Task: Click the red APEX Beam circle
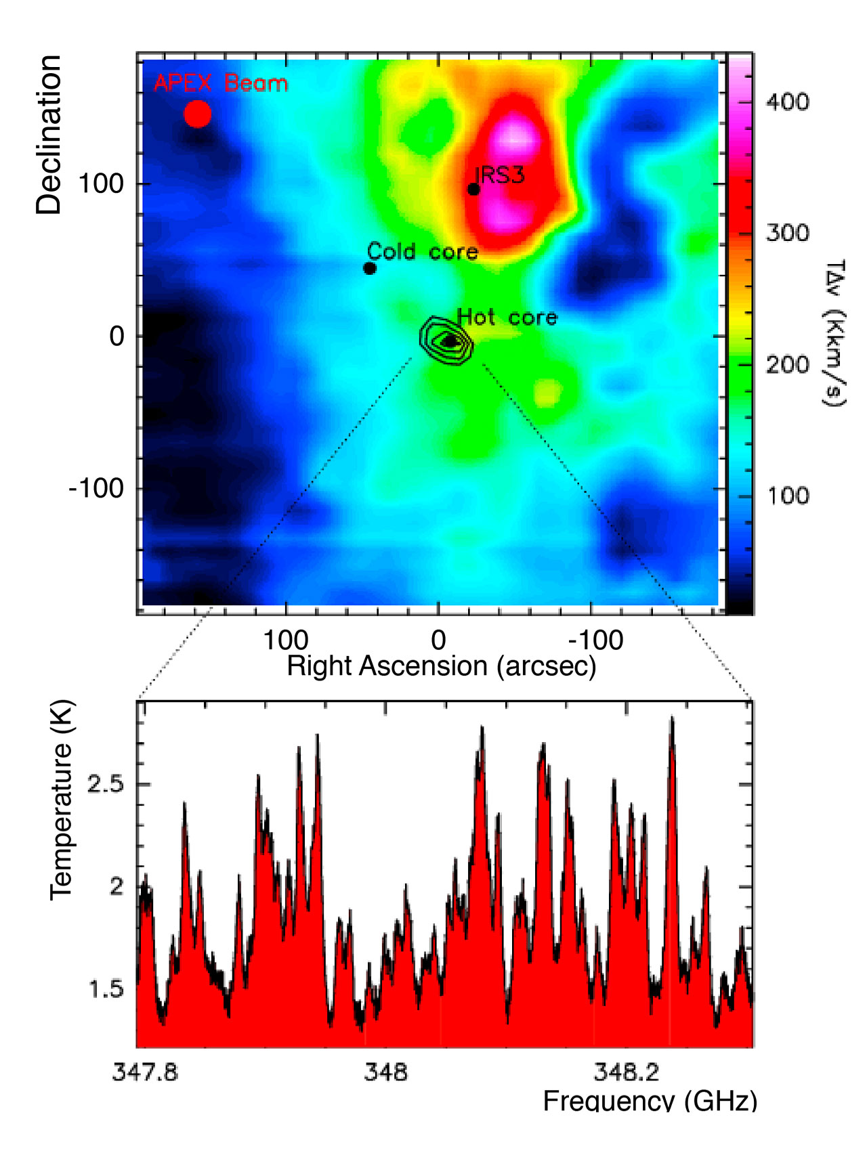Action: pos(198,114)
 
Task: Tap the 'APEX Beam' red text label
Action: pos(221,84)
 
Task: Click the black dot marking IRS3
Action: pos(474,189)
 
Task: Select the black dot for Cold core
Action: pos(370,268)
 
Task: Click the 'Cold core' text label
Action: pos(423,252)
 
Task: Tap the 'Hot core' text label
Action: pos(507,317)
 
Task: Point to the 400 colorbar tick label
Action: pos(787,102)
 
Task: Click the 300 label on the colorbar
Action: pos(787,234)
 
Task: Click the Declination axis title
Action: pos(49,135)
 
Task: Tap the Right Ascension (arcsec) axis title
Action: pos(442,666)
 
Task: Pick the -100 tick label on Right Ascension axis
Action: pos(595,640)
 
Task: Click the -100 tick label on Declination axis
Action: pos(96,487)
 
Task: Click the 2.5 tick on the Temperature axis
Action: pos(106,785)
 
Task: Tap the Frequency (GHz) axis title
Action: pos(650,1101)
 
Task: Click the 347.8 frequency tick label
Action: pos(145,1072)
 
